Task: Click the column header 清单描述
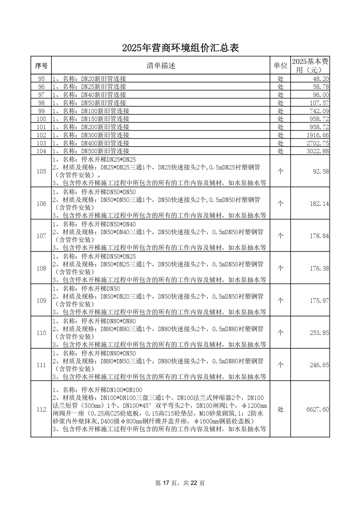pos(161,66)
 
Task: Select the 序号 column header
pos(41,66)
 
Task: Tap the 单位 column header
pos(280,66)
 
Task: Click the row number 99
pos(41,111)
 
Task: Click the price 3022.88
pos(318,151)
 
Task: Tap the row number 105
pos(41,172)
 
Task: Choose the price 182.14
pos(319,204)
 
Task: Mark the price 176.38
pos(319,268)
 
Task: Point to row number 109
pos(41,301)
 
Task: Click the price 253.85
pos(319,333)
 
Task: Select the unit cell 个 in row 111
pos(280,365)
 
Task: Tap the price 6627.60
pos(318,409)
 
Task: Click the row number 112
pos(41,409)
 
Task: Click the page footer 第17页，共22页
pos(180,483)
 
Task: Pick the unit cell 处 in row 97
pos(280,95)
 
